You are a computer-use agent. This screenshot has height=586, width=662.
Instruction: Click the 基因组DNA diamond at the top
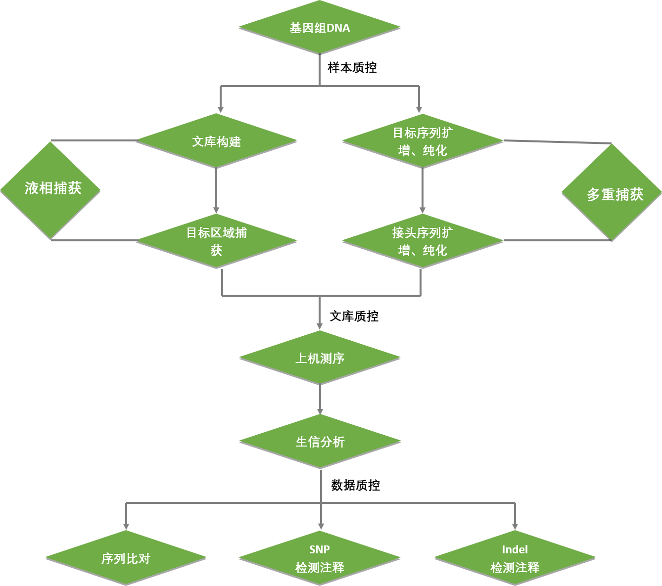point(320,27)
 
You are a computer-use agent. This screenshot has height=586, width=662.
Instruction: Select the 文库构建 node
point(217,141)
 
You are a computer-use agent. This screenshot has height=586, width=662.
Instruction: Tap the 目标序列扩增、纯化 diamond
point(423,141)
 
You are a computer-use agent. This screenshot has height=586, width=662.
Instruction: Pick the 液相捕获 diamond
point(51,189)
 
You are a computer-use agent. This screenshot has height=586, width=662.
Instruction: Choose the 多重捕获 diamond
point(612,193)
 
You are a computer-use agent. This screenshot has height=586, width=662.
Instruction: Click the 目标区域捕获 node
point(217,241)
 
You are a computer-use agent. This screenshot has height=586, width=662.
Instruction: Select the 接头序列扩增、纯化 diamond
point(423,241)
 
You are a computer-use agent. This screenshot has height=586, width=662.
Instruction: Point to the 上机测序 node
point(320,358)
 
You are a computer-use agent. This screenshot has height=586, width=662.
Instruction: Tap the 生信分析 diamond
point(320,441)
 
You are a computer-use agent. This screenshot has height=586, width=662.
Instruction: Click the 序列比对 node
point(126,558)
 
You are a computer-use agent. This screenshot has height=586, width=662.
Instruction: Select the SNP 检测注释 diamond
point(320,558)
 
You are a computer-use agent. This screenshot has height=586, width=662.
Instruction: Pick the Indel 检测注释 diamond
point(515,558)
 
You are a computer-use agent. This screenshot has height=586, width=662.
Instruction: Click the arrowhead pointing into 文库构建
point(221,110)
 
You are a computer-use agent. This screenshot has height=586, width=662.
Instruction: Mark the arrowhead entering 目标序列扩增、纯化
point(419,110)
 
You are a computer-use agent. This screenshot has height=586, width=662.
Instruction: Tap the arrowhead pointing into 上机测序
point(320,326)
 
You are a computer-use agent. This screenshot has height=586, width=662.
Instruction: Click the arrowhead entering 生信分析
point(320,411)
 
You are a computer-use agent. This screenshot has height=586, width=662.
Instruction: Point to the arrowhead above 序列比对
point(126,527)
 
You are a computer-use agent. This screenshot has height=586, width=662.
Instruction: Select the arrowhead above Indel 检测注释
point(515,527)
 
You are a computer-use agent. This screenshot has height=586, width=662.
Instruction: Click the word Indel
point(515,549)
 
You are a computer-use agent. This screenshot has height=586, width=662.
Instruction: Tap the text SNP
point(320,549)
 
